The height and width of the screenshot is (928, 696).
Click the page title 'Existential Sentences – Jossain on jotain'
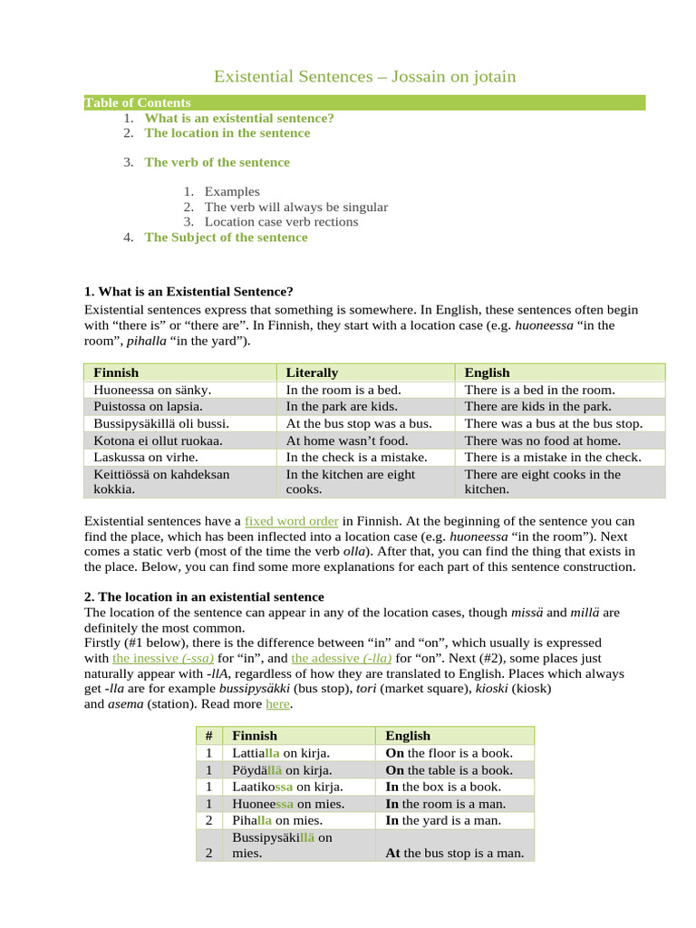[x=364, y=77]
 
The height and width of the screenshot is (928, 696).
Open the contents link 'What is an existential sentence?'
[x=239, y=118]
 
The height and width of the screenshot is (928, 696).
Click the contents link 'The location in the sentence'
[x=227, y=133]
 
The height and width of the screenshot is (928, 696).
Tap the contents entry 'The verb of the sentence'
[x=217, y=162]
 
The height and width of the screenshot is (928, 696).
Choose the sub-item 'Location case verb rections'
[x=281, y=222]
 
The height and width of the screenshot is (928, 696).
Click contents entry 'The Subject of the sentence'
[x=226, y=237]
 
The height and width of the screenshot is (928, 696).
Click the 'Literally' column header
[x=312, y=372]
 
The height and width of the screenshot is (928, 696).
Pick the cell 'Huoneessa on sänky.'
[x=152, y=390]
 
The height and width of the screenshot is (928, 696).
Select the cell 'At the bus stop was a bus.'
[x=359, y=423]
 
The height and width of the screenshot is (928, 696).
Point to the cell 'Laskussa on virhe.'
[x=146, y=457]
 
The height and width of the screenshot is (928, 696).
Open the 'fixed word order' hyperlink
[x=292, y=522]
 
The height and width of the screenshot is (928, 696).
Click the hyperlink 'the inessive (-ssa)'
[x=163, y=658]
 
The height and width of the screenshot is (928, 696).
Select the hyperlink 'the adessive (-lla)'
[x=335, y=658]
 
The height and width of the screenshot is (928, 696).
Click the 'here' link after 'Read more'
[x=277, y=704]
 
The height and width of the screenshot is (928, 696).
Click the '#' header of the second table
[x=208, y=736]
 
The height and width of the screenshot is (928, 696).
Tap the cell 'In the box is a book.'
[x=443, y=787]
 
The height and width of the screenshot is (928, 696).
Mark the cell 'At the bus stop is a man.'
[x=455, y=853]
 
